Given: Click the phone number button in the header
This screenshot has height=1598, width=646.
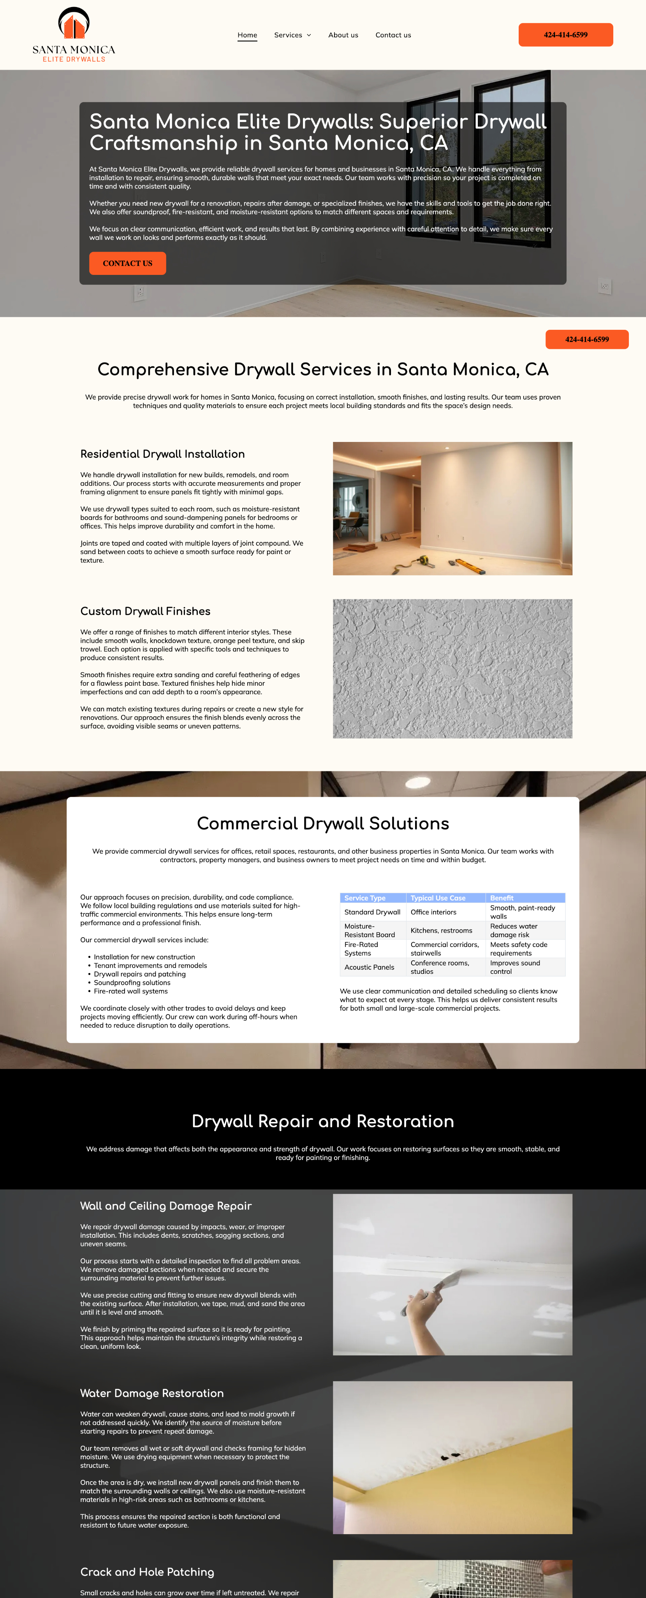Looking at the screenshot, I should pyautogui.click(x=565, y=35).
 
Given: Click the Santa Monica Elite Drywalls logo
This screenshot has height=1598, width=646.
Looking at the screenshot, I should pyautogui.click(x=74, y=35).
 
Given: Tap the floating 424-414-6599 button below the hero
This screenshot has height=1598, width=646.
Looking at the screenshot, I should pyautogui.click(x=586, y=339).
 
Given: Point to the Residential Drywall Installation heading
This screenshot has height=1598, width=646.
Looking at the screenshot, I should pyautogui.click(x=163, y=454).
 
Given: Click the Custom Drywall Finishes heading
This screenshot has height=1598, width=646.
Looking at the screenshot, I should pyautogui.click(x=145, y=611).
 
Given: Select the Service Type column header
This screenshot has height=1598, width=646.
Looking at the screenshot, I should pyautogui.click(x=365, y=898).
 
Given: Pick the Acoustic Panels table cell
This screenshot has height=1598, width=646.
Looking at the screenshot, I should pyautogui.click(x=369, y=967).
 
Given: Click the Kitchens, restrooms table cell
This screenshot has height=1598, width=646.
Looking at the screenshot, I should pyautogui.click(x=441, y=931).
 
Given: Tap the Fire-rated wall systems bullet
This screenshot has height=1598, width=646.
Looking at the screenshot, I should pyautogui.click(x=131, y=991).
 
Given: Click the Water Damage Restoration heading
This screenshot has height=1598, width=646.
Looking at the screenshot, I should pyautogui.click(x=152, y=1393).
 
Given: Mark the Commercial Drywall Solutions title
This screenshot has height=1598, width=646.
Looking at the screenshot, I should pyautogui.click(x=323, y=823).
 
